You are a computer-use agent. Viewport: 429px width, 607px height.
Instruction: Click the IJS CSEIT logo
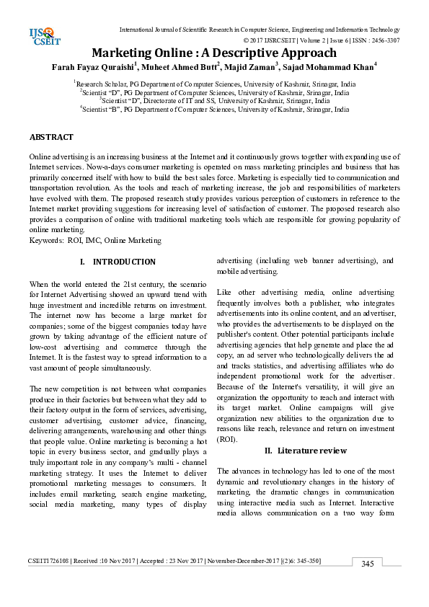tap(43, 35)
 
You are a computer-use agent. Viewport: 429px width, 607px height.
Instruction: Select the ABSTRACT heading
tap(51, 137)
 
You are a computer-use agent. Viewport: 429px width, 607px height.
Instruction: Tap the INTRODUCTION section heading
tap(124, 262)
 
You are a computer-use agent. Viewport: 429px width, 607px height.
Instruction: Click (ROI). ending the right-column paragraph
tap(229, 439)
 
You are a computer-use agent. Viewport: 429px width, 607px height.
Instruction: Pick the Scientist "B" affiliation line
tap(214, 110)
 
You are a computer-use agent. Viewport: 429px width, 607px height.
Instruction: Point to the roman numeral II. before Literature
tap(269, 451)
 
